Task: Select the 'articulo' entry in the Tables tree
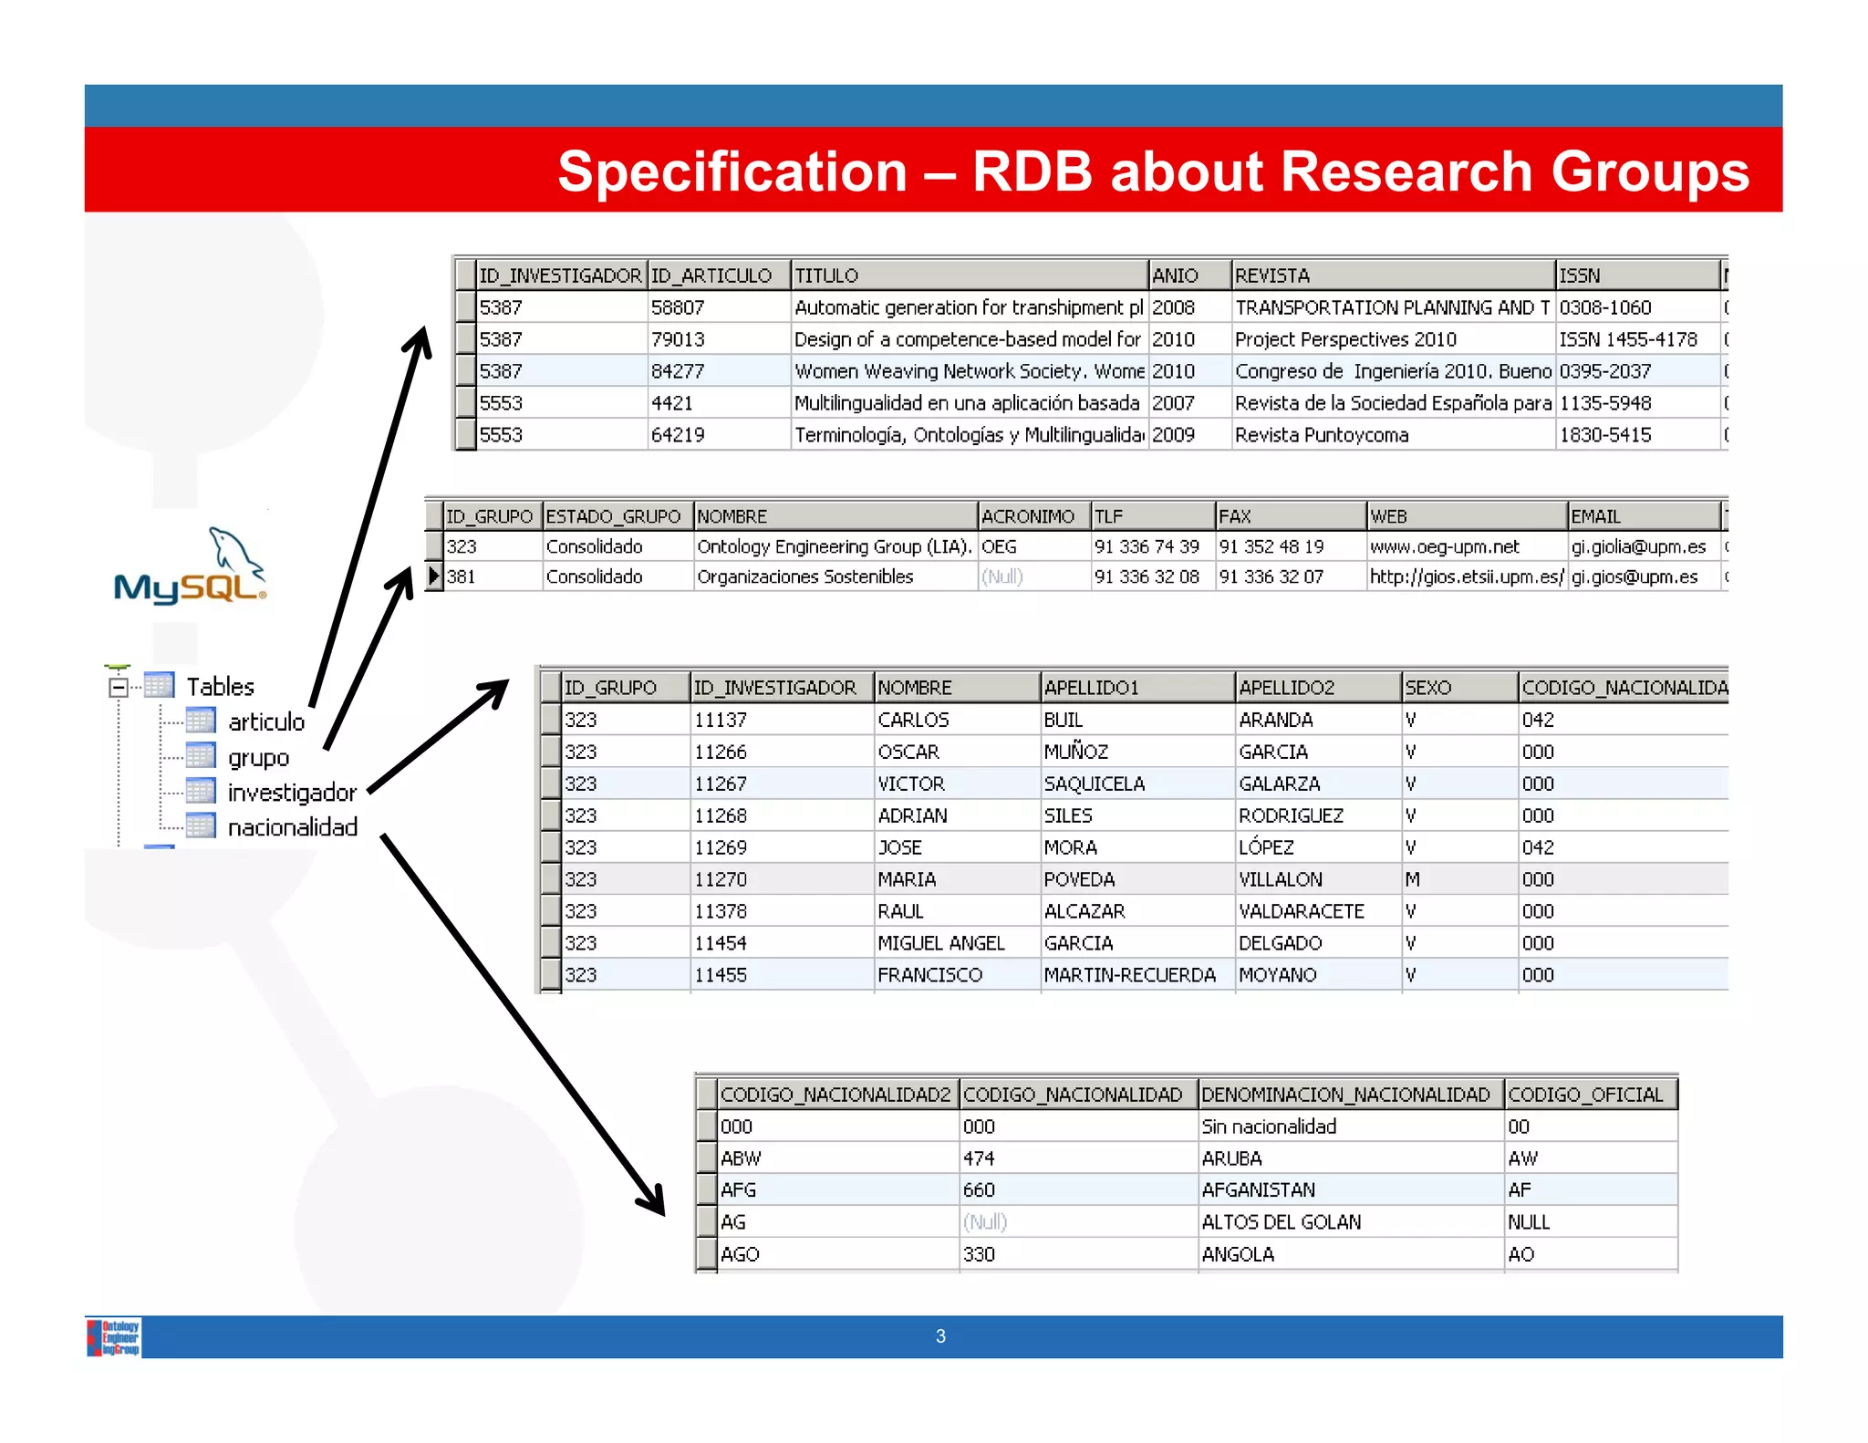(265, 722)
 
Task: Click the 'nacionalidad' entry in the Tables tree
(292, 827)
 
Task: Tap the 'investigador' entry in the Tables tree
(291, 793)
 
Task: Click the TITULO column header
(826, 275)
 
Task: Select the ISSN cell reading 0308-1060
(1604, 307)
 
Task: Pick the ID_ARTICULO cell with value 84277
(678, 371)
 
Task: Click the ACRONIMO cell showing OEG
(999, 546)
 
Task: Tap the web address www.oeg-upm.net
(1444, 546)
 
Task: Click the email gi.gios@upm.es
(1634, 576)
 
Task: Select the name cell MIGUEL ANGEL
(940, 943)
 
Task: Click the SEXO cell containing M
(1412, 879)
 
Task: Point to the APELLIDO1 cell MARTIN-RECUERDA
(1129, 975)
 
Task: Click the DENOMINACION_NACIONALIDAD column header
(1345, 1095)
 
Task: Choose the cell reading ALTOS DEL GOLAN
(1281, 1222)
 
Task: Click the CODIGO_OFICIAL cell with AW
(1522, 1158)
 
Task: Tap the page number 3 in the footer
(940, 1336)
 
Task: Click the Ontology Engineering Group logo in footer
(114, 1337)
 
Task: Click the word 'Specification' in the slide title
(732, 171)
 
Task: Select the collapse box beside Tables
(119, 687)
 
